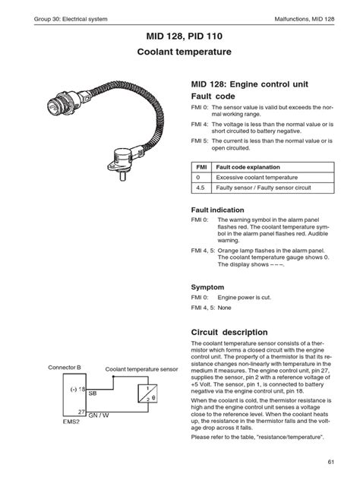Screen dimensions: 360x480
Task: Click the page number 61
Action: [330, 462]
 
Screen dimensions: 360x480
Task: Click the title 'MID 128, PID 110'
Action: [185, 36]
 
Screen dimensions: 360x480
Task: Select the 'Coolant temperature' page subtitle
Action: [185, 52]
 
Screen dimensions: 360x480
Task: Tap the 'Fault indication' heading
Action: [218, 210]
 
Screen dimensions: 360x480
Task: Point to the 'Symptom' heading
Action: [207, 287]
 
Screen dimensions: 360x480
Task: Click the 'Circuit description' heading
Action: [229, 332]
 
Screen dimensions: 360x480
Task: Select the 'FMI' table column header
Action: [201, 167]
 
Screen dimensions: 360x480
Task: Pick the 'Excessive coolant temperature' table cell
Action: [257, 178]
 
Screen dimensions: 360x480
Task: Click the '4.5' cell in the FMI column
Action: [201, 188]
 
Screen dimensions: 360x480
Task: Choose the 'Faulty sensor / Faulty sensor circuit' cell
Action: [264, 188]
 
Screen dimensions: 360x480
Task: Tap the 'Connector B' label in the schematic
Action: [65, 368]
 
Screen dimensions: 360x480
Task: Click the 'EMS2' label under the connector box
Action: [71, 422]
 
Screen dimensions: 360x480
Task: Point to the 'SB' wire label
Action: [93, 393]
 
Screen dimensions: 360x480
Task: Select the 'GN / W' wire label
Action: [99, 415]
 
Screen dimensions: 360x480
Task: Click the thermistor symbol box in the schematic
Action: [147, 393]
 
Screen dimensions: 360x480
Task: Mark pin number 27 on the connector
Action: [81, 412]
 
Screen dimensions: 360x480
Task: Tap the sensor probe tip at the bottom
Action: [123, 178]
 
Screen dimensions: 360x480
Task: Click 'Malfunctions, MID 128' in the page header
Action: [305, 19]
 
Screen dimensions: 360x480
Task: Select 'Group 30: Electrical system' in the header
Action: [71, 19]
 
